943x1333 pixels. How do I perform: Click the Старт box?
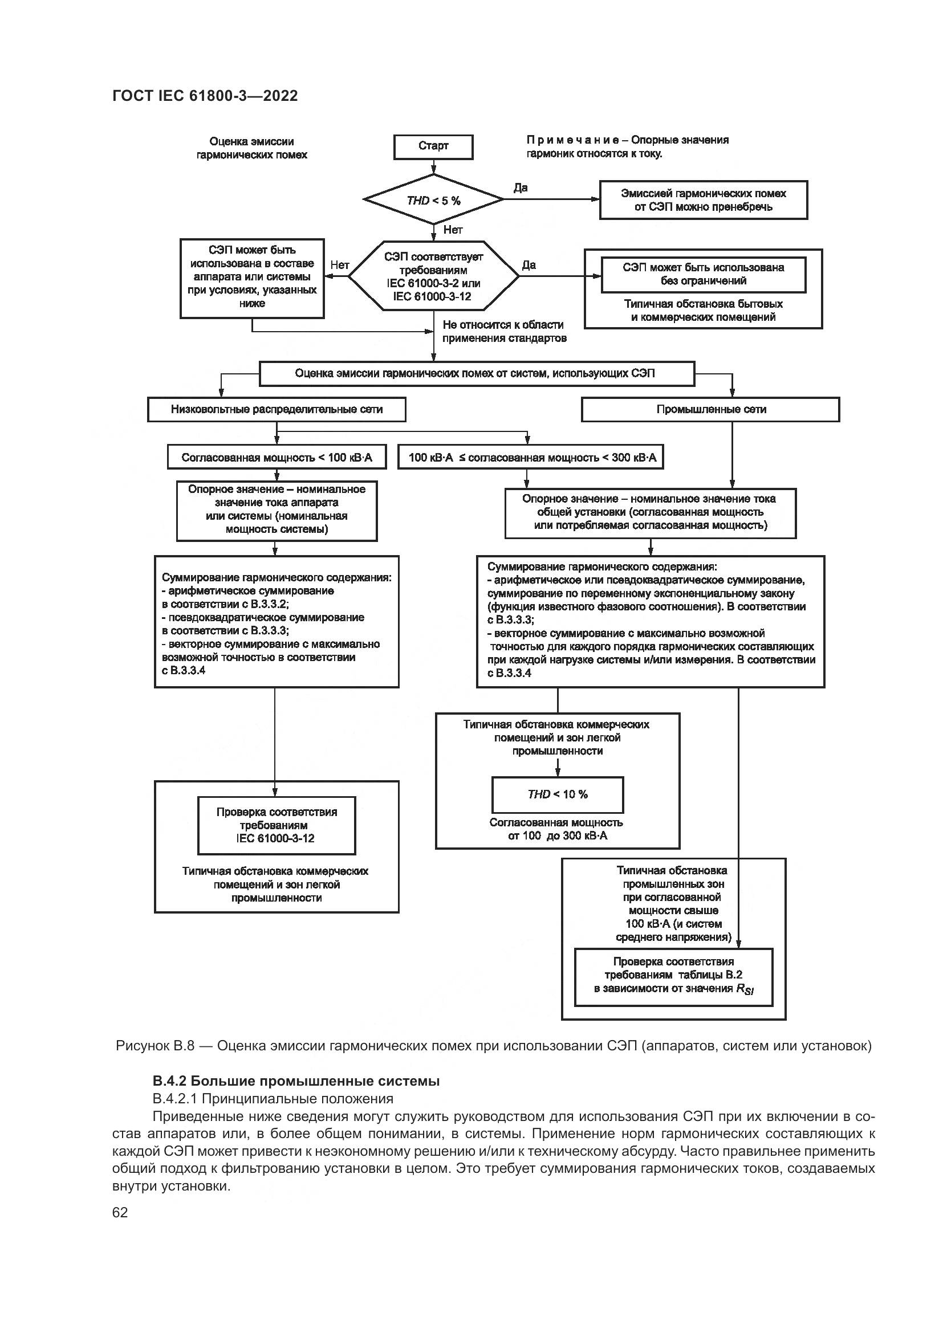(x=433, y=146)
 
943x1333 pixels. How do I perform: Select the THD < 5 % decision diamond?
(x=433, y=200)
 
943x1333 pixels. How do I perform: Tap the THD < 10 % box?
(x=558, y=795)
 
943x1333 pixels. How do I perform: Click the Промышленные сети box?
(x=711, y=409)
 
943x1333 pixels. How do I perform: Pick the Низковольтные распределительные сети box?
(x=277, y=409)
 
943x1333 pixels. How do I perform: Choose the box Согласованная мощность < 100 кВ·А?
(x=277, y=458)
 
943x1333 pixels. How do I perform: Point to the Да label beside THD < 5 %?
(x=521, y=187)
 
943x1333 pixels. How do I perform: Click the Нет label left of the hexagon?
(x=340, y=266)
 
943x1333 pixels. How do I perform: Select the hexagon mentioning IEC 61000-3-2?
(x=433, y=276)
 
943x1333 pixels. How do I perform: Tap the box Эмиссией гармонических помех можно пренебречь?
(x=703, y=200)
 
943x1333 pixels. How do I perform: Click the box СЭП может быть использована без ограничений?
(x=703, y=275)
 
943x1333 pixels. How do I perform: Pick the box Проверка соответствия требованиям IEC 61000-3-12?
(x=277, y=825)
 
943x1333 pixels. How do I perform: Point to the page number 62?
(x=120, y=1212)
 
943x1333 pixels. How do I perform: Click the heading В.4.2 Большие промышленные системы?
(x=296, y=1081)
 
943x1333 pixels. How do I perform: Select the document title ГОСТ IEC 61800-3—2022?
(x=205, y=96)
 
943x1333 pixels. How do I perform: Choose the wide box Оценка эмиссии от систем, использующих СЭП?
(x=476, y=374)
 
